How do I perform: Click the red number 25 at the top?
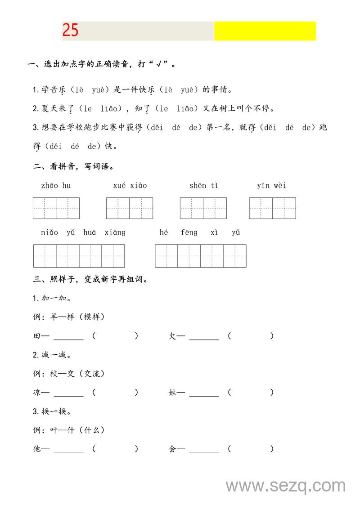click(x=70, y=31)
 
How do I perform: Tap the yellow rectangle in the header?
click(x=265, y=31)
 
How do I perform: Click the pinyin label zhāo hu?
click(x=56, y=185)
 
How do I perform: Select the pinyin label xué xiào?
click(x=130, y=185)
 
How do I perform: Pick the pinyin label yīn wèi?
click(x=272, y=185)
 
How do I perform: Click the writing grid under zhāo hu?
click(x=56, y=208)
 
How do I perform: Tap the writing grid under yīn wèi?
click(x=273, y=208)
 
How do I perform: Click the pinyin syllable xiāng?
click(x=115, y=232)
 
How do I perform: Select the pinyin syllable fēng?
click(x=189, y=232)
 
